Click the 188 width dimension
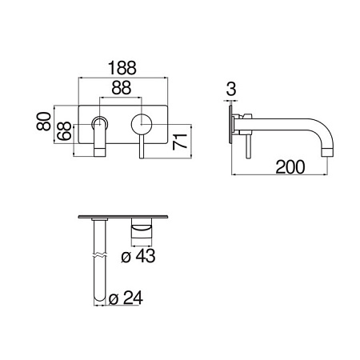(122, 68)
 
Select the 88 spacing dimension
(122, 87)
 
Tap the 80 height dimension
(44, 122)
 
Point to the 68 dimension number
(65, 131)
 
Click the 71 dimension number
(180, 141)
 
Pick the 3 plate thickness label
(231, 89)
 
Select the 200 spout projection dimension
(290, 167)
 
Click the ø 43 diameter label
(138, 256)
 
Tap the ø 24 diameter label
(126, 298)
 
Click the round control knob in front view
(142, 124)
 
